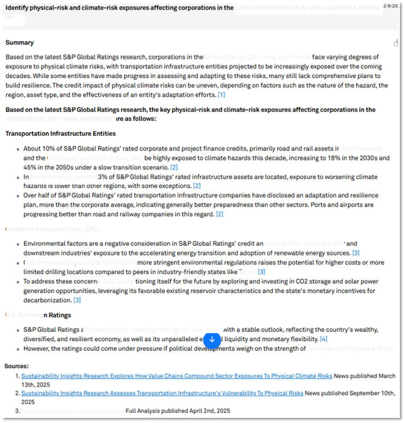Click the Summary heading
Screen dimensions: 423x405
click(19, 43)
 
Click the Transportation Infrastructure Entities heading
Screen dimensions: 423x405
click(60, 133)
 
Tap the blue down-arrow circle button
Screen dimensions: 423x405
click(212, 340)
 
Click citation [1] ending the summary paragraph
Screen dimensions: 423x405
click(222, 95)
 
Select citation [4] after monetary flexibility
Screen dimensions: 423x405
click(323, 339)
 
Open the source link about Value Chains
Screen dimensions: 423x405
click(177, 376)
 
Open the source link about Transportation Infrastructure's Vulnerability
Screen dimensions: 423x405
click(162, 393)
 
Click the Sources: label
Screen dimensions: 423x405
click(16, 366)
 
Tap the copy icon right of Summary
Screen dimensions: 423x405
click(396, 43)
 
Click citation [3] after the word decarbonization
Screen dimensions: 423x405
click(77, 300)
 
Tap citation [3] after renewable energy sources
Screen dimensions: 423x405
click(356, 253)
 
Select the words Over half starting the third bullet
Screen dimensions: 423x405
click(37, 195)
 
